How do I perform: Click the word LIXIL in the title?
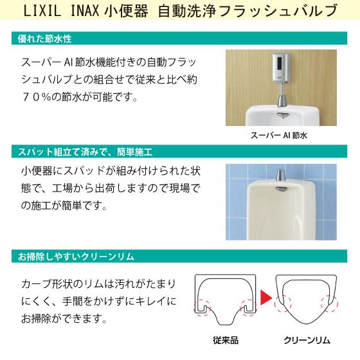[x=43, y=12]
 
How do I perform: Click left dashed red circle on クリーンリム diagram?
[x=282, y=297]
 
